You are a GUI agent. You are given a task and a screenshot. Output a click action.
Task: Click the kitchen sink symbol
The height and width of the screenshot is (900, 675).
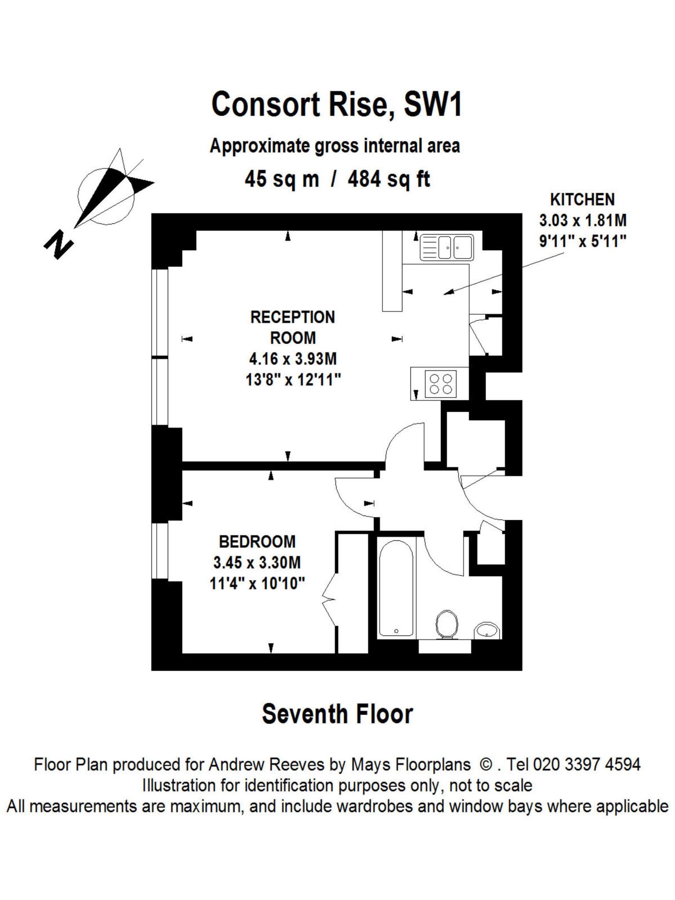(446, 247)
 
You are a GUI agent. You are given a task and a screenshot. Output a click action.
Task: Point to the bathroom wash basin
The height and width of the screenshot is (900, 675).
(487, 631)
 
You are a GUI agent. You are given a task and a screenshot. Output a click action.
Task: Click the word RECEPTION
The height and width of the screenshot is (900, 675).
(292, 317)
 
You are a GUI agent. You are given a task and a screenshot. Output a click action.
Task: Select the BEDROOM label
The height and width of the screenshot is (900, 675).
(257, 541)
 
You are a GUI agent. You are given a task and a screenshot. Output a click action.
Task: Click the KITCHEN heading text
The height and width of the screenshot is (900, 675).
(582, 200)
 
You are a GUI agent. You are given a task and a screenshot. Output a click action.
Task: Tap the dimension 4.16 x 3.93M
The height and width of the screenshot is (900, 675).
(293, 359)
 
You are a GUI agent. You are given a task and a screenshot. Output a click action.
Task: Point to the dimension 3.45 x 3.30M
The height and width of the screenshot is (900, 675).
(257, 562)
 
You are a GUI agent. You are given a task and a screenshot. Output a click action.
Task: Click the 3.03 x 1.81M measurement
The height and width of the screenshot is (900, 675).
(582, 220)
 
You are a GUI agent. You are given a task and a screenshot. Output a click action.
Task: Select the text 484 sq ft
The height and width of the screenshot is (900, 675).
(388, 179)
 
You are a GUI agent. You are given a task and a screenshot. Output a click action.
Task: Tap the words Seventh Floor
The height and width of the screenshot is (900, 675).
(337, 714)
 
